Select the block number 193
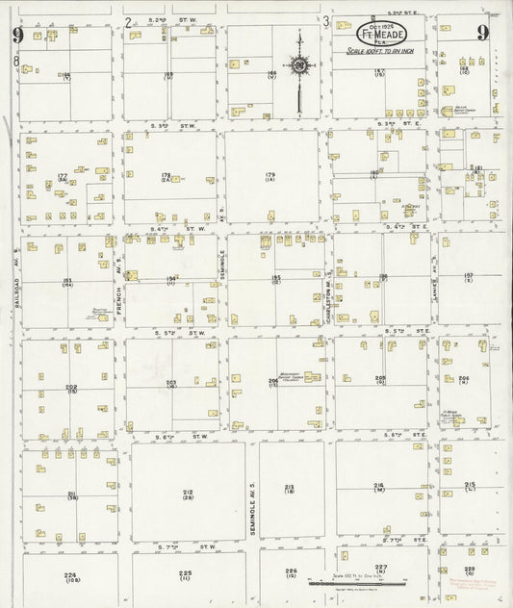[x=67, y=282]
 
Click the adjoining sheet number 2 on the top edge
[x=128, y=20]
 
